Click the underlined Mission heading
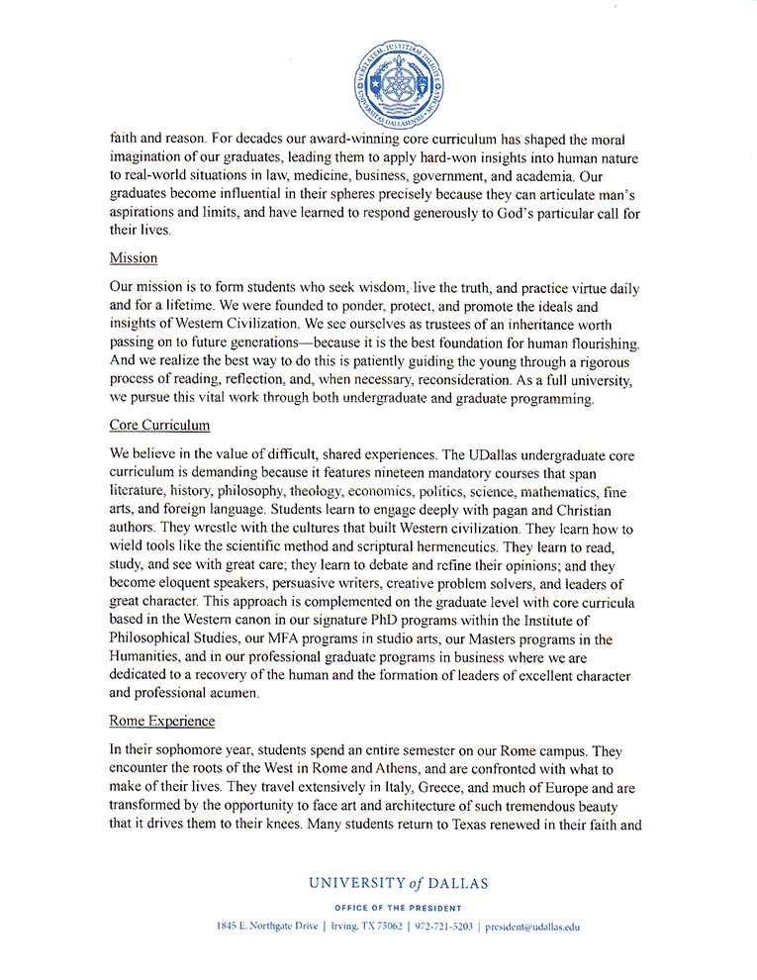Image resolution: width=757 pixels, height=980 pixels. click(134, 258)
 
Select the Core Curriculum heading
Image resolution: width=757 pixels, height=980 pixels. click(159, 425)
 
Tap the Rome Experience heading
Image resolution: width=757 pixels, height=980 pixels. click(162, 721)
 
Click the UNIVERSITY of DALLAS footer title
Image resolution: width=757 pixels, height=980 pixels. click(398, 883)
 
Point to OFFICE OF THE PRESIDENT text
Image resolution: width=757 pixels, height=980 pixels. click(398, 908)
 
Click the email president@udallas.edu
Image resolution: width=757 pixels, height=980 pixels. click(532, 927)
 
